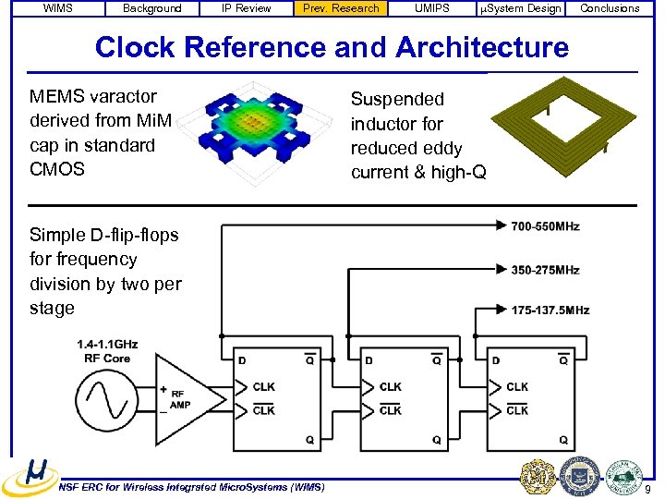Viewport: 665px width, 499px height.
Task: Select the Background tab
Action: (x=152, y=8)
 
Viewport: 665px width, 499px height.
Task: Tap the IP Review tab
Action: (x=247, y=8)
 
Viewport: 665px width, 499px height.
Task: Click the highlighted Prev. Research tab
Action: (x=341, y=8)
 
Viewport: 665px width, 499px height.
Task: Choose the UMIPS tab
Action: (x=431, y=8)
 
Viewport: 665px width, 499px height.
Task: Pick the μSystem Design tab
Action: (x=519, y=8)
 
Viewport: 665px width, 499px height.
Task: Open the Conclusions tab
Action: (x=610, y=8)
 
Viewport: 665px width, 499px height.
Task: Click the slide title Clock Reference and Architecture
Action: (x=332, y=46)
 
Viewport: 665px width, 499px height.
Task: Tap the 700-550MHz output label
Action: (x=545, y=226)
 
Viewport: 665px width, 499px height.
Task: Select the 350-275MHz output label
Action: (x=545, y=270)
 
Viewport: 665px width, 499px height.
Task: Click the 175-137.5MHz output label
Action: (x=550, y=310)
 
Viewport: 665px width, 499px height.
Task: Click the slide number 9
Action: (x=648, y=488)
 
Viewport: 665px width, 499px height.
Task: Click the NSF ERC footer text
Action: (x=191, y=487)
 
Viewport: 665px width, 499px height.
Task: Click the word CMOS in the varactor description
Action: (x=57, y=169)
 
